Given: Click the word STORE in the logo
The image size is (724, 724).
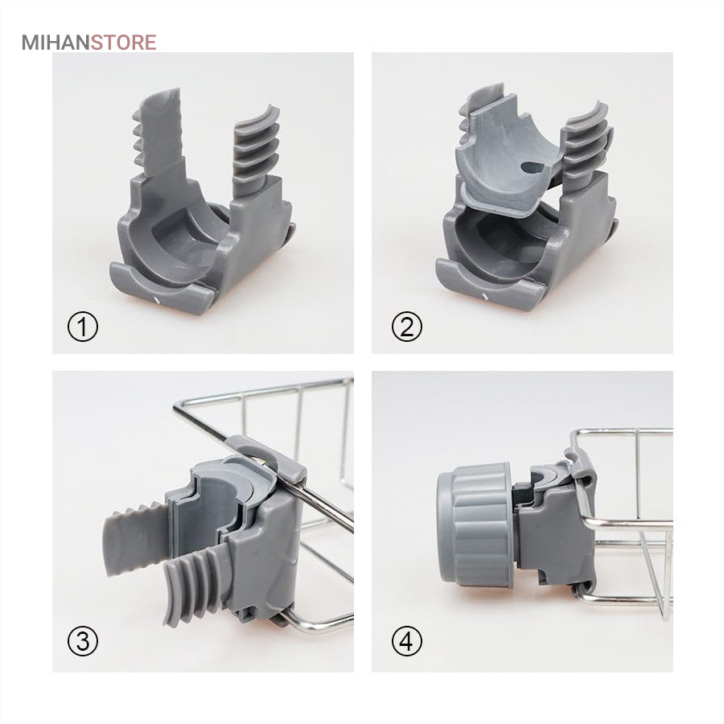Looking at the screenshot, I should [x=123, y=42].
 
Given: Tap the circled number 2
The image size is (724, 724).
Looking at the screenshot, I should [x=406, y=326].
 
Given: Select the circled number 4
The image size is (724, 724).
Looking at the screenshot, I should [x=406, y=641].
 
